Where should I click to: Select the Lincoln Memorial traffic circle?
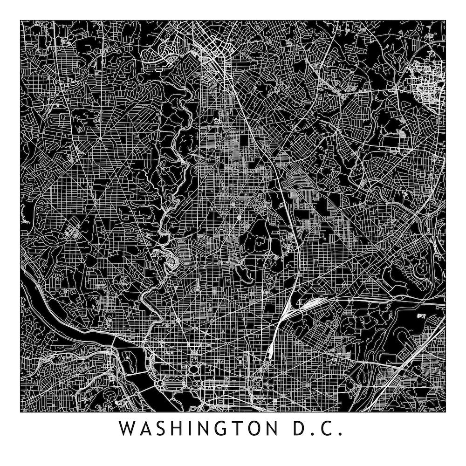(x=160, y=383)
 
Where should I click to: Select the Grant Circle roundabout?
(x=239, y=217)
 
